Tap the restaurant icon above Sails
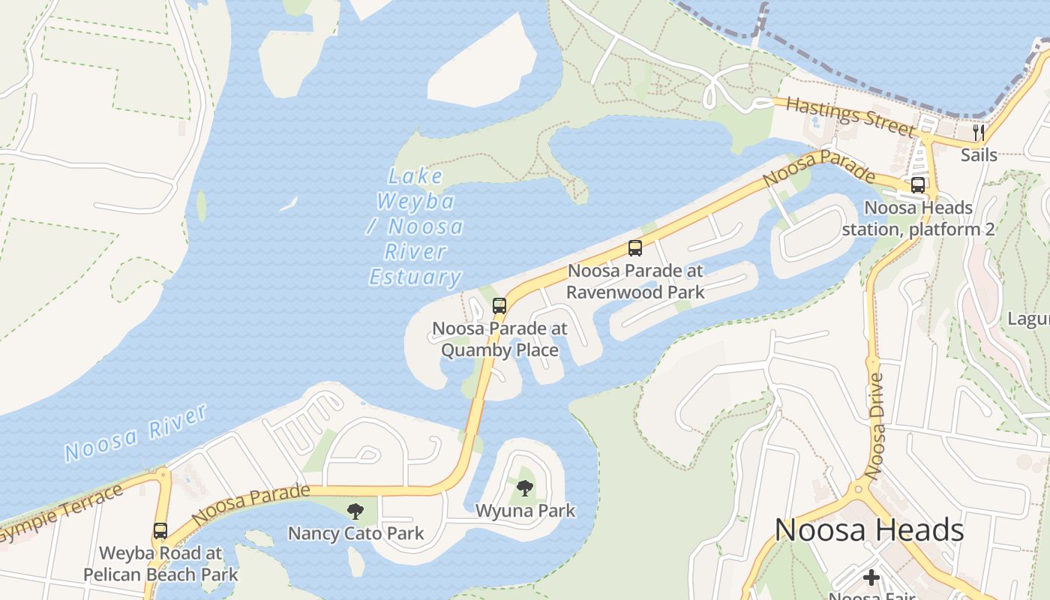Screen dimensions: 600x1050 tap(979, 133)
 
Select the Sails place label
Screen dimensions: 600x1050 tap(979, 155)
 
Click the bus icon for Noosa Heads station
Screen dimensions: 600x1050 tap(918, 185)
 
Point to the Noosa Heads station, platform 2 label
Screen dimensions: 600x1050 tap(918, 218)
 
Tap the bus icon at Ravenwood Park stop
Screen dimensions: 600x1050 tap(635, 248)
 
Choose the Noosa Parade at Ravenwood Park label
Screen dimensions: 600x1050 tap(635, 281)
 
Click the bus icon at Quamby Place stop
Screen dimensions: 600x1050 tap(499, 306)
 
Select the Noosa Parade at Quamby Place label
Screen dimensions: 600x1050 tap(499, 339)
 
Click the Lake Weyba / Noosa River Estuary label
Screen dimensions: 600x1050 tap(415, 226)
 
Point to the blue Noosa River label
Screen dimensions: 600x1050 tap(136, 433)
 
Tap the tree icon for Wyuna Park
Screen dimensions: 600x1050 tap(525, 488)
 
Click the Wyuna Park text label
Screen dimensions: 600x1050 tap(525, 511)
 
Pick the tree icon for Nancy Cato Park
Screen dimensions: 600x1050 tap(355, 511)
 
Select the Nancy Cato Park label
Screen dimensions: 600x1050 tap(355, 533)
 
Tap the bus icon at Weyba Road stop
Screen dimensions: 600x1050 tap(160, 531)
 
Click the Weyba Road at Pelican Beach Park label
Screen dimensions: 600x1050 tap(160, 564)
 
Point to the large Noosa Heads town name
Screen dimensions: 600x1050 tap(868, 530)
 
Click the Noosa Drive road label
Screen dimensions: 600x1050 tap(874, 426)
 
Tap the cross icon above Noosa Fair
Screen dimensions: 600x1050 tap(871, 577)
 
